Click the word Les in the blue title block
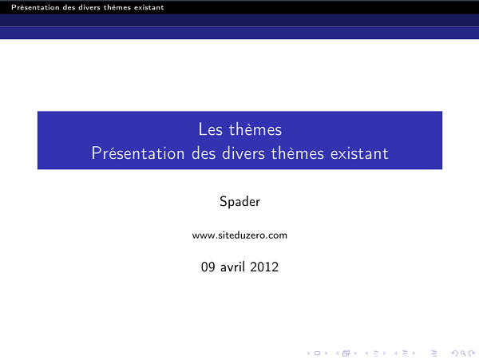tap(208, 129)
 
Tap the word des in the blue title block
tap(205, 152)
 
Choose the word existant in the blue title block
tap(358, 152)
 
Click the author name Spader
tap(239, 201)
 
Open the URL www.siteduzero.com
tap(239, 235)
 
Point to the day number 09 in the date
tap(208, 267)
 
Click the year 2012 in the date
tap(264, 267)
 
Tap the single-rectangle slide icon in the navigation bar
tap(318, 352)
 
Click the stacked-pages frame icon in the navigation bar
tap(346, 352)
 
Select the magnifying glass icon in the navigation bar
tap(462, 352)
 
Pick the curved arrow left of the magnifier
tap(454, 352)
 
